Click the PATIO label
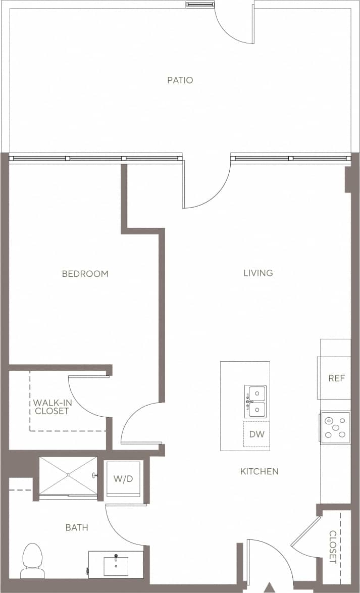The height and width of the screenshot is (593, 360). click(180, 80)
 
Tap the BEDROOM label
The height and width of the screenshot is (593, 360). click(85, 274)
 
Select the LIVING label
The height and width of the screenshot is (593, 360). click(258, 273)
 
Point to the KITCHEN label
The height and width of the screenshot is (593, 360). click(259, 471)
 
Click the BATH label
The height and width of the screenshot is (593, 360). click(77, 527)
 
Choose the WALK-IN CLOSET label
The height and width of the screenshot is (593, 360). click(51, 407)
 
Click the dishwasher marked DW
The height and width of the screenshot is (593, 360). click(256, 434)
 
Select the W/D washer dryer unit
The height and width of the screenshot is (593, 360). click(123, 478)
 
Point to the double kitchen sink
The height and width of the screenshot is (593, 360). click(255, 401)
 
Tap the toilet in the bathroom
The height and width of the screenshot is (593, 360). click(32, 560)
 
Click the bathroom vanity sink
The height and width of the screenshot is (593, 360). click(116, 565)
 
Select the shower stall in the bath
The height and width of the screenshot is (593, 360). click(68, 476)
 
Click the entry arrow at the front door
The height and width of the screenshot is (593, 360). click(270, 587)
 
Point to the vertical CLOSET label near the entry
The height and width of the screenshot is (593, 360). click(333, 547)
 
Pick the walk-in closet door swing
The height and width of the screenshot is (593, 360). click(87, 397)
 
